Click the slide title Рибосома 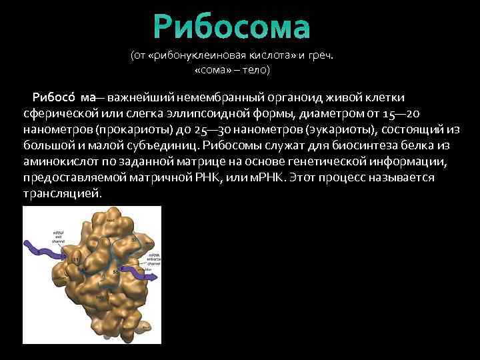pyautogui.click(x=232, y=27)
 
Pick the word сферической pyautogui.click(x=55, y=113)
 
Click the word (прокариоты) pyautogui.click(x=130, y=129)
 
